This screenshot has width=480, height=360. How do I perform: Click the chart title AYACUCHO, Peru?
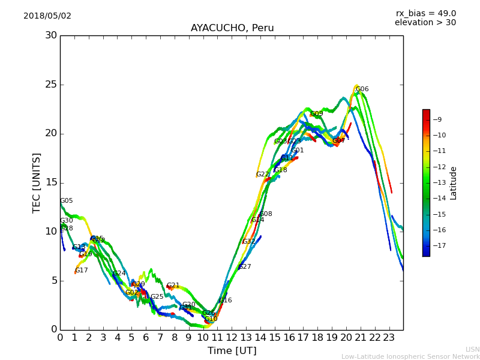[232, 28]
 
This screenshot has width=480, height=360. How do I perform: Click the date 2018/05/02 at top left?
[47, 16]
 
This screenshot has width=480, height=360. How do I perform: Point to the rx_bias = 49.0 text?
[426, 14]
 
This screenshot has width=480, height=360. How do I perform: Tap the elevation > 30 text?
[425, 23]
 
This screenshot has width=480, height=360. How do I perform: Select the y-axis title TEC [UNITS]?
[37, 182]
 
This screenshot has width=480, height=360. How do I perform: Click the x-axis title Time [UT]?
[232, 351]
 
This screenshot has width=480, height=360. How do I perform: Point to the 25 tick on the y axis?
[51, 85]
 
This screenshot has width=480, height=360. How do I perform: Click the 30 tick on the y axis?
[51, 35]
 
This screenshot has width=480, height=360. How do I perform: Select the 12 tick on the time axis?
[232, 337]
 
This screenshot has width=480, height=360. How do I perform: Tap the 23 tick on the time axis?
[389, 337]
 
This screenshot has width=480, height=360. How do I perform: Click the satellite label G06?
[362, 89]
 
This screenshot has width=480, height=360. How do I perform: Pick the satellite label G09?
[317, 114]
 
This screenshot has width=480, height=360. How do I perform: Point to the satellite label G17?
[82, 271]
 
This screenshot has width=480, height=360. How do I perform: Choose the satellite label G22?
[263, 175]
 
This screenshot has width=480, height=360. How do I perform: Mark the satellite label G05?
[67, 201]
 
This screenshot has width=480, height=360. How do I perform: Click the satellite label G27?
[245, 267]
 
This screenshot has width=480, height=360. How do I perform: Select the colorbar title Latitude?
[454, 183]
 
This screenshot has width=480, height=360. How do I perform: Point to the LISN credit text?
[473, 349]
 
